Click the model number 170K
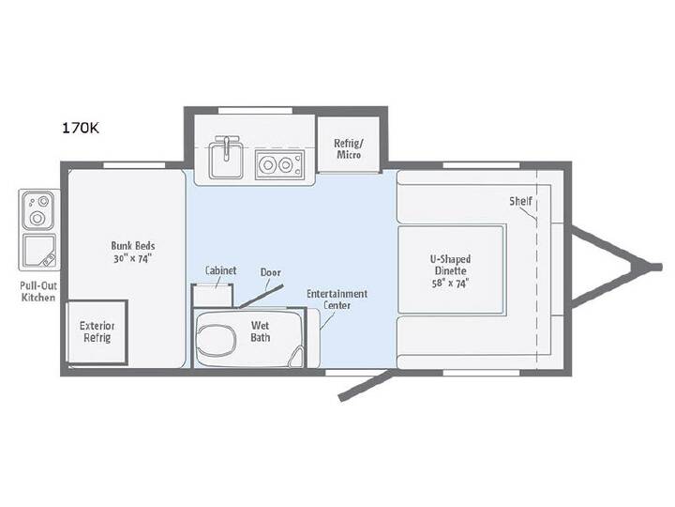tap(81, 128)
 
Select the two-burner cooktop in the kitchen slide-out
tap(279, 164)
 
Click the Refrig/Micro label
tap(349, 148)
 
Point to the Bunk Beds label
tap(133, 252)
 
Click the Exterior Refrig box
tap(97, 332)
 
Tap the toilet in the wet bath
tap(217, 339)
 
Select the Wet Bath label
tap(261, 331)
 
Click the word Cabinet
tap(221, 270)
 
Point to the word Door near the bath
tap(271, 272)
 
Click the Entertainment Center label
tap(337, 300)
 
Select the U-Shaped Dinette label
tap(450, 265)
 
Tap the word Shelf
tap(521, 201)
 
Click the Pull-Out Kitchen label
tap(38, 291)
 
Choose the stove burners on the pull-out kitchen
tap(38, 210)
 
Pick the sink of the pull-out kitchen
tap(39, 251)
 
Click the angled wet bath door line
tap(261, 296)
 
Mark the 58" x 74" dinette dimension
tap(450, 284)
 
